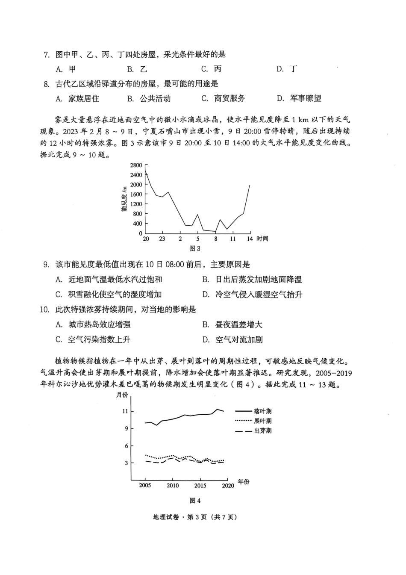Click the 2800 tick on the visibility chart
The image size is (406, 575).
click(x=136, y=165)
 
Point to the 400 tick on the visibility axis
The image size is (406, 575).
click(x=137, y=224)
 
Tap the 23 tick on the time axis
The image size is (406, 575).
click(x=162, y=239)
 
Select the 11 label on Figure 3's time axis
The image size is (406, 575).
click(x=232, y=239)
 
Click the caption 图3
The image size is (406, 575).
click(x=194, y=249)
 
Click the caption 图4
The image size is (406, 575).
click(x=195, y=501)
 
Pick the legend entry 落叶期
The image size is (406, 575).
click(x=262, y=411)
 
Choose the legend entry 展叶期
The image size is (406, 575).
click(x=262, y=421)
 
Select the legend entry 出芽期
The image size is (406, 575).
click(x=262, y=431)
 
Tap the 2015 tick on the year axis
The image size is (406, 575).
click(x=200, y=486)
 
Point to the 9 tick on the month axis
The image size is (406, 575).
click(x=127, y=428)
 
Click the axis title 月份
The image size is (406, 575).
click(x=122, y=395)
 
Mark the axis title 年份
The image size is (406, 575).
click(x=243, y=482)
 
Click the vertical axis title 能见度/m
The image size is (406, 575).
click(x=124, y=199)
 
